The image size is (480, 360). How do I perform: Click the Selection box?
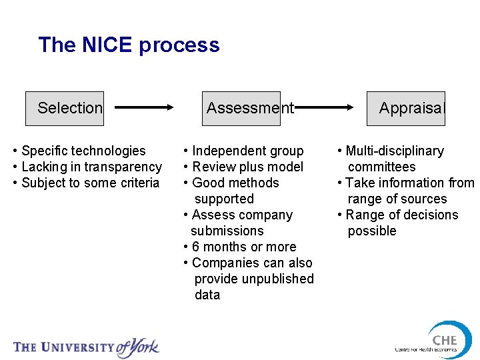[65, 108]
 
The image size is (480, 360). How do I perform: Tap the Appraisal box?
[406, 108]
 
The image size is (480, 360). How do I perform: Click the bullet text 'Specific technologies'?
[83, 151]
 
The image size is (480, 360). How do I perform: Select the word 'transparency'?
[125, 167]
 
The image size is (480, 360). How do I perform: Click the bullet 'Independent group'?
[247, 151]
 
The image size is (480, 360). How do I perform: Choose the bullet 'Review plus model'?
[247, 167]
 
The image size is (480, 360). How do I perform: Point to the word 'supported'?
[224, 199]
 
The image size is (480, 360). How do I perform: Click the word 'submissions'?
[227, 231]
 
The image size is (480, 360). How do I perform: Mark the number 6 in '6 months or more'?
[196, 247]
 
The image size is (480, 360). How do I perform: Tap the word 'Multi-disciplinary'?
[395, 151]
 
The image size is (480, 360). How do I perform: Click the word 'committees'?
[381, 167]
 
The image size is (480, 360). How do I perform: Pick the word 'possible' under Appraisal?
[372, 231]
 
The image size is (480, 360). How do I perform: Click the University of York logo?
[87, 346]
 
